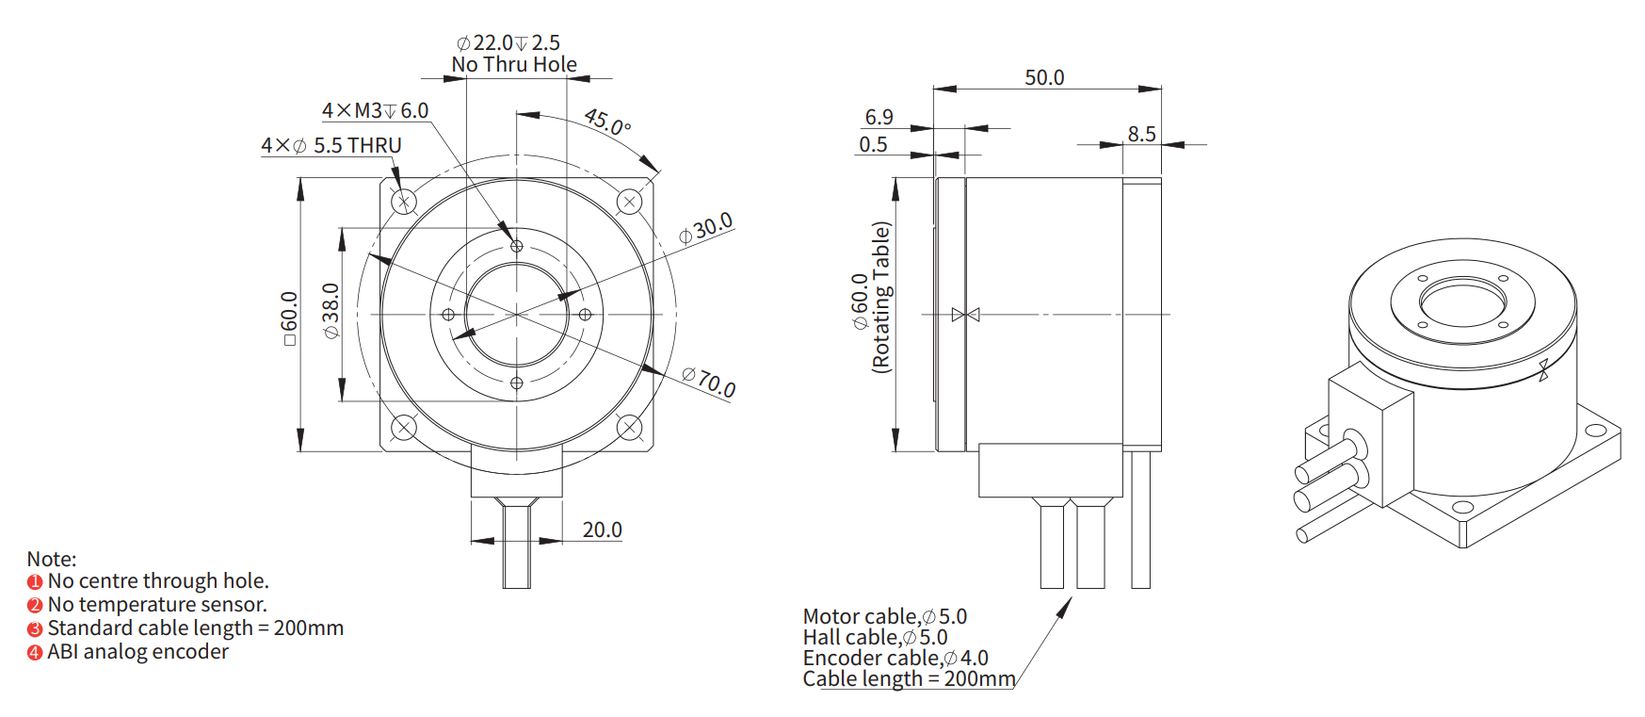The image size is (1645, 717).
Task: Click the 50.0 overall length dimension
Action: pos(1044,77)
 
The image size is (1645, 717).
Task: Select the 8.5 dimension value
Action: pos(1141,134)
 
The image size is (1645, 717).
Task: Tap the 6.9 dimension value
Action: pos(879,117)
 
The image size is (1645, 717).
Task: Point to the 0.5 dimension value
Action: pos(873,144)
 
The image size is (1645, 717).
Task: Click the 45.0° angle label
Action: pos(607,122)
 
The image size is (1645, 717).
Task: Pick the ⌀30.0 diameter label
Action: pos(706,229)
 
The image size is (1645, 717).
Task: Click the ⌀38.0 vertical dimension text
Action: pos(331,311)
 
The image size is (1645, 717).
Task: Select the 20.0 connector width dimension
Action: pos(602,530)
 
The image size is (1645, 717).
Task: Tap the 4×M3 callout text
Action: pos(375,110)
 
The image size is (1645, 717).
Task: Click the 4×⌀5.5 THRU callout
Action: pos(331,145)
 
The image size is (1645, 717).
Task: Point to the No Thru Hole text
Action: pos(514,64)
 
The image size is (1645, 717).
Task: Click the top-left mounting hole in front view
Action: pos(404,201)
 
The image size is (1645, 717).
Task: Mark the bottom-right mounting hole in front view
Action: pos(629,428)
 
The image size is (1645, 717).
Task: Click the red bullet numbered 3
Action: pos(35,629)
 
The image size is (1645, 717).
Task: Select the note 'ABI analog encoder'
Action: pos(137,652)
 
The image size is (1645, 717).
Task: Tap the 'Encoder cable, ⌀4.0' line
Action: pos(895,658)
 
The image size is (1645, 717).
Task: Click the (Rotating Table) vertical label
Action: pos(881,298)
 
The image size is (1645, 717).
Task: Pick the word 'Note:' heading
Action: pos(52,559)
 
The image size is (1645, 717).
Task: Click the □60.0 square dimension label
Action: pos(289,318)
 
